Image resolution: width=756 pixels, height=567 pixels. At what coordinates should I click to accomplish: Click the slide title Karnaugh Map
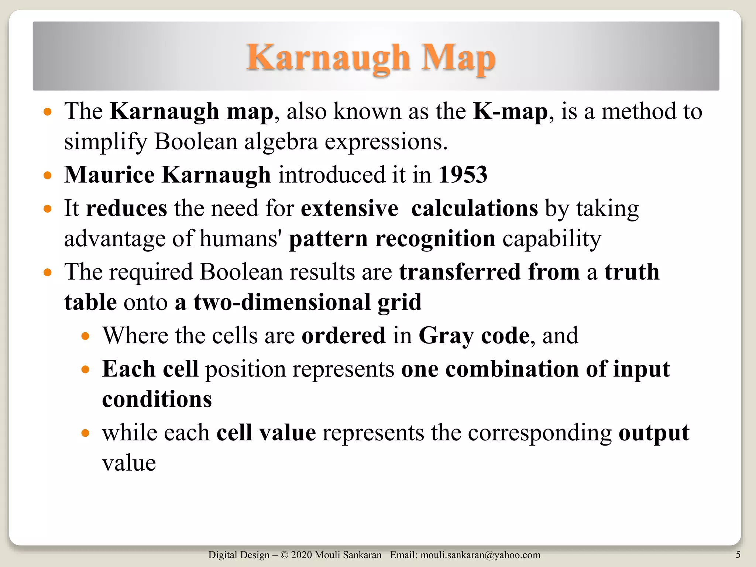click(371, 58)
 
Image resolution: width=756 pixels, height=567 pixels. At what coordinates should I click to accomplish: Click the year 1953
click(463, 175)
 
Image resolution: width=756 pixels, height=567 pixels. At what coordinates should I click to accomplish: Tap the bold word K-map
click(510, 111)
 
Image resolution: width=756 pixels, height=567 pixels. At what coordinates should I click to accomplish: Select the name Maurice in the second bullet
click(109, 175)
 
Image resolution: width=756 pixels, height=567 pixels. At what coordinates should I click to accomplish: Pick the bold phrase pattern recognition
click(392, 239)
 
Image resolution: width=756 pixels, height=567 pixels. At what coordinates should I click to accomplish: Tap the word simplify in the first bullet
click(105, 142)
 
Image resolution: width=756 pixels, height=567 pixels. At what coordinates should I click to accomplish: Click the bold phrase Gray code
click(474, 336)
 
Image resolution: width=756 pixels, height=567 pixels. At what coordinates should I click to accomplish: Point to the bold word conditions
click(157, 399)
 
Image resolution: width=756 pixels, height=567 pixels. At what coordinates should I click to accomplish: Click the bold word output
click(654, 433)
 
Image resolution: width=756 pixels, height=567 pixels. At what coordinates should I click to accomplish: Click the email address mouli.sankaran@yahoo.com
click(480, 555)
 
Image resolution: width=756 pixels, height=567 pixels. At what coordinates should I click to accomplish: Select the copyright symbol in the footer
click(284, 555)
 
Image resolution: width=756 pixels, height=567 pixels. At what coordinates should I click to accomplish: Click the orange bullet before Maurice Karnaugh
click(47, 175)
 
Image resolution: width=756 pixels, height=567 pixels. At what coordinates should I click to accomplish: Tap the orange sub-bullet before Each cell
click(85, 370)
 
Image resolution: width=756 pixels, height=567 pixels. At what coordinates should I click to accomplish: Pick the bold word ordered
click(343, 336)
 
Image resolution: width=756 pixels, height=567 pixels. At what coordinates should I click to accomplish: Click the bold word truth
click(632, 272)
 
